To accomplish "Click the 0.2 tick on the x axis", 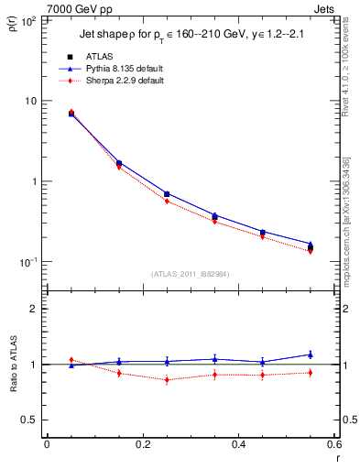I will click(x=142, y=444).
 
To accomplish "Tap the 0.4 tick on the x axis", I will click(x=237, y=444).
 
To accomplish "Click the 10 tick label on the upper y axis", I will click(x=30, y=101).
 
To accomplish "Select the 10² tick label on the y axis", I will click(x=28, y=19).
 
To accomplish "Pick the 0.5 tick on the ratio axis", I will click(x=28, y=420).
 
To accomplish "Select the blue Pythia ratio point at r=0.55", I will click(x=310, y=354).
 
